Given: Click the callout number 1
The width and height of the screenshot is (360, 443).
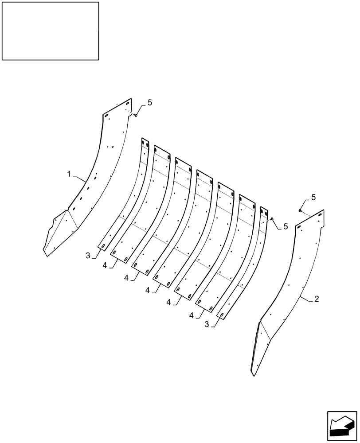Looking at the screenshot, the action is click(x=69, y=175).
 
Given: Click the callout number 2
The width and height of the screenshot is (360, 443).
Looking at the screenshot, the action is click(x=317, y=299).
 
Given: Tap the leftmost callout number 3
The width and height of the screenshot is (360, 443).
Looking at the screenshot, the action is click(x=89, y=255).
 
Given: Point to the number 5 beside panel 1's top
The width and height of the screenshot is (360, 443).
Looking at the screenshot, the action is click(x=149, y=103).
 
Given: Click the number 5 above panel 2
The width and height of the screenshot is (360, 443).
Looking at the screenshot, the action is click(x=313, y=196).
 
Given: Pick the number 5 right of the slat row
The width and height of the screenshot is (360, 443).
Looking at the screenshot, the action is click(x=286, y=226).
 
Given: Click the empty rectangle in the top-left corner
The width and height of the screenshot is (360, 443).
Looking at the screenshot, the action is click(x=50, y=31).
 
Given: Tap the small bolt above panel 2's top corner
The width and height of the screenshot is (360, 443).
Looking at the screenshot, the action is click(x=300, y=210).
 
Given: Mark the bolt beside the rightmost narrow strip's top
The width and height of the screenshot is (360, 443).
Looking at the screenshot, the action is click(x=272, y=218).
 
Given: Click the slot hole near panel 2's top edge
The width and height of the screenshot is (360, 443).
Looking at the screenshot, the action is click(x=300, y=227).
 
